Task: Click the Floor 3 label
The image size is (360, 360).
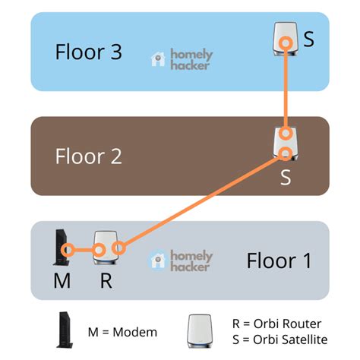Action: pyautogui.click(x=88, y=52)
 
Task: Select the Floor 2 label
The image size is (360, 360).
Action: pyautogui.click(x=88, y=156)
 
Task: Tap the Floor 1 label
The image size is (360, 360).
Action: pyautogui.click(x=279, y=261)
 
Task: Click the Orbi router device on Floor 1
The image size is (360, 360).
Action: pyautogui.click(x=103, y=248)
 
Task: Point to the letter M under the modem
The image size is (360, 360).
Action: pyautogui.click(x=62, y=281)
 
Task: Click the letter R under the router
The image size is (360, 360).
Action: pyautogui.click(x=106, y=281)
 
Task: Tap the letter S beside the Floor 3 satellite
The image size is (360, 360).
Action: pyautogui.click(x=308, y=39)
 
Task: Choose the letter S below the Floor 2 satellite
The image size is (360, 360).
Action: pyautogui.click(x=286, y=177)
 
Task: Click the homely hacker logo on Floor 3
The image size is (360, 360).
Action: pyautogui.click(x=182, y=59)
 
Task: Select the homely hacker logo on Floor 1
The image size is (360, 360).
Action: pyautogui.click(x=182, y=261)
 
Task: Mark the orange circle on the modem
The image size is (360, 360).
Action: pyautogui.click(x=68, y=248)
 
